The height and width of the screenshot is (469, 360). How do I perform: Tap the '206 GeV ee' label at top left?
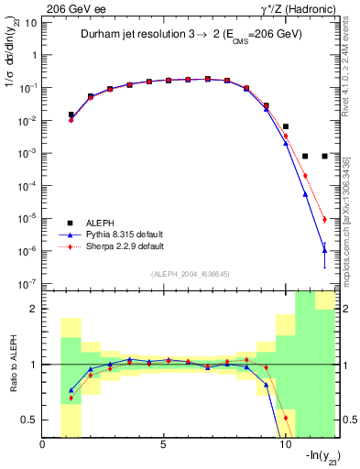click(69, 7)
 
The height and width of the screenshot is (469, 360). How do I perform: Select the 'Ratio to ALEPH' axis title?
click(12, 365)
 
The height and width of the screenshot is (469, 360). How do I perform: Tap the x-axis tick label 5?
click(164, 446)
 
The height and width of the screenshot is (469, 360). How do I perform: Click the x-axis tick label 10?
click(285, 446)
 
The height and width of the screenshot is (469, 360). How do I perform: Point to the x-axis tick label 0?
click(43, 446)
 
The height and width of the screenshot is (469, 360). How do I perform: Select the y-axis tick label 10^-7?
click(27, 284)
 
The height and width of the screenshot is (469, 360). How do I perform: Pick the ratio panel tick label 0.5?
click(30, 420)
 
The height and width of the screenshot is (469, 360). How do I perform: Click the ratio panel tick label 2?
click(34, 310)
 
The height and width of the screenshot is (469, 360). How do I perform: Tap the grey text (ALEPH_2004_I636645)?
click(191, 273)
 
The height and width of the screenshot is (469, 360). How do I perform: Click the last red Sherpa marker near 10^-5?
click(324, 219)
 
